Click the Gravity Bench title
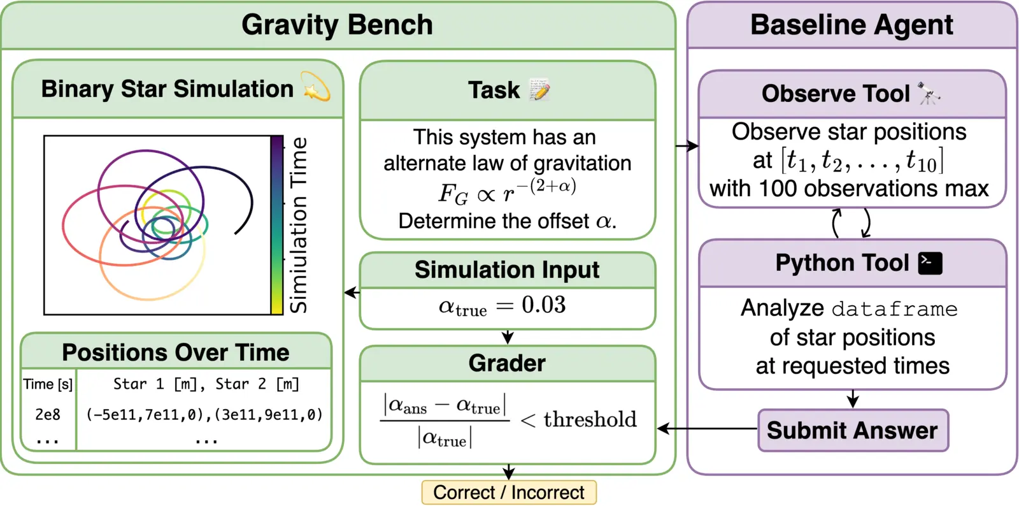[x=337, y=25]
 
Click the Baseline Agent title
[x=852, y=25]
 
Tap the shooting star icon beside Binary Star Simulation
[x=317, y=88]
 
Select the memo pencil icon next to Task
[x=539, y=90]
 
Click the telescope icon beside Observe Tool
[x=929, y=94]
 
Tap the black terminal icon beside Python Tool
[x=930, y=263]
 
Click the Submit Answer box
[x=852, y=430]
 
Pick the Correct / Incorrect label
[x=508, y=493]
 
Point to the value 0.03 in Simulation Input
[x=543, y=305]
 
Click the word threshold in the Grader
[x=590, y=419]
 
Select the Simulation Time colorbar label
[x=298, y=224]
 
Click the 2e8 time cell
[x=48, y=414]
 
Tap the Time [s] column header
[x=48, y=384]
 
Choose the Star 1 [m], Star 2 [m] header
[x=206, y=384]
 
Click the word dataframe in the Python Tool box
[x=894, y=309]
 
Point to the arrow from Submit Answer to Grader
[x=707, y=428]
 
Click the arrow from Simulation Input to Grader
[x=508, y=337]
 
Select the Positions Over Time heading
[x=175, y=352]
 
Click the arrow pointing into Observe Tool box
[x=687, y=146]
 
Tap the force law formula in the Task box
[x=508, y=191]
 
